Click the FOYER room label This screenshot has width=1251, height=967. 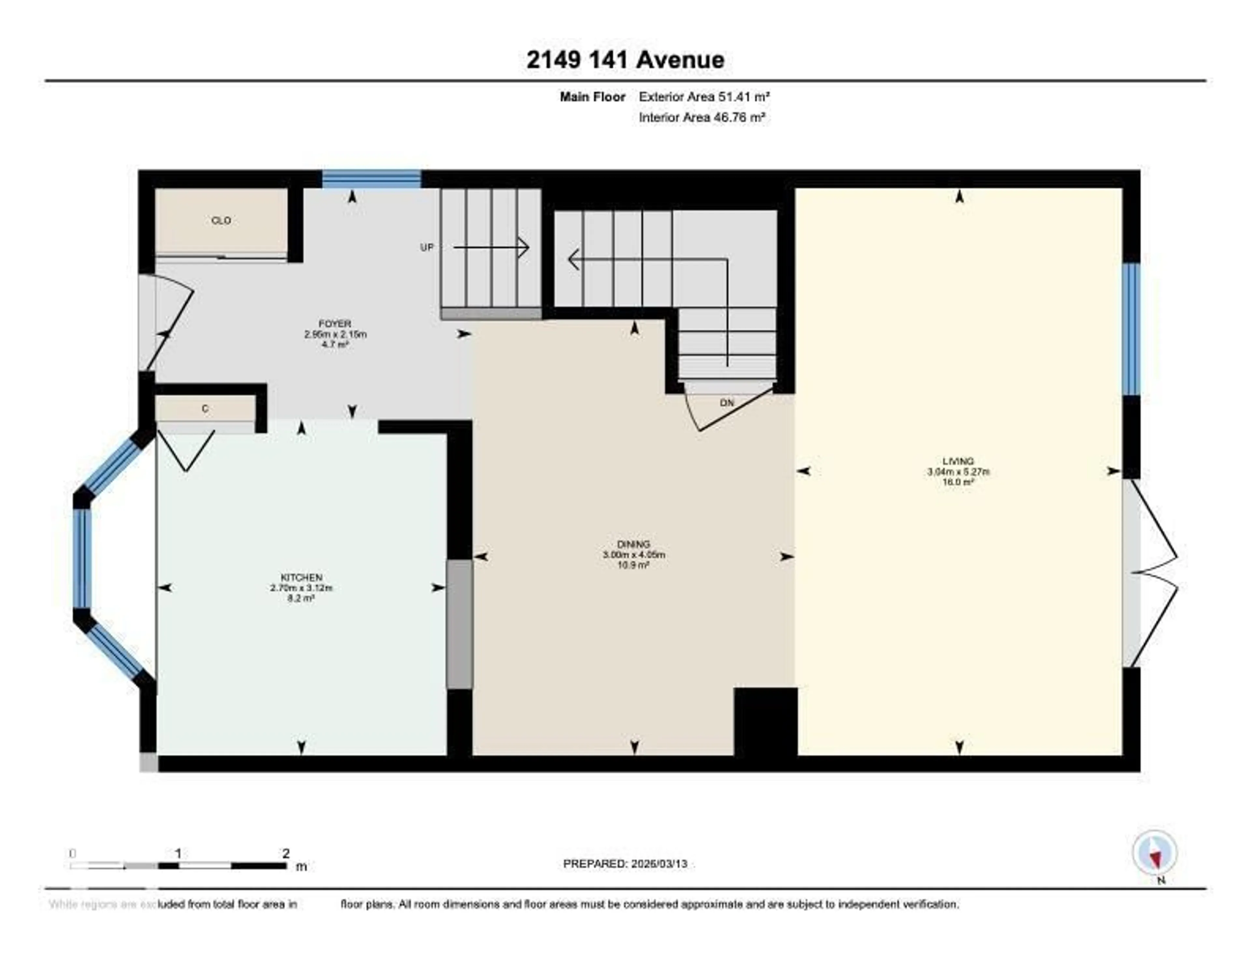(335, 324)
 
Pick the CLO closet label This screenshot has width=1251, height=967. (221, 221)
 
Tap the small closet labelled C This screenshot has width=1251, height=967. (205, 409)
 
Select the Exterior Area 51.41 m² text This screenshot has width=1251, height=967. (704, 97)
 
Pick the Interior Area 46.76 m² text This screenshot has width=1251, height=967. (702, 118)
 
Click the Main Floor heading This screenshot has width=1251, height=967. (592, 97)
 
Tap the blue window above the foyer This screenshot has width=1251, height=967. (372, 179)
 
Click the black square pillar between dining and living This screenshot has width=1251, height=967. (765, 721)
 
